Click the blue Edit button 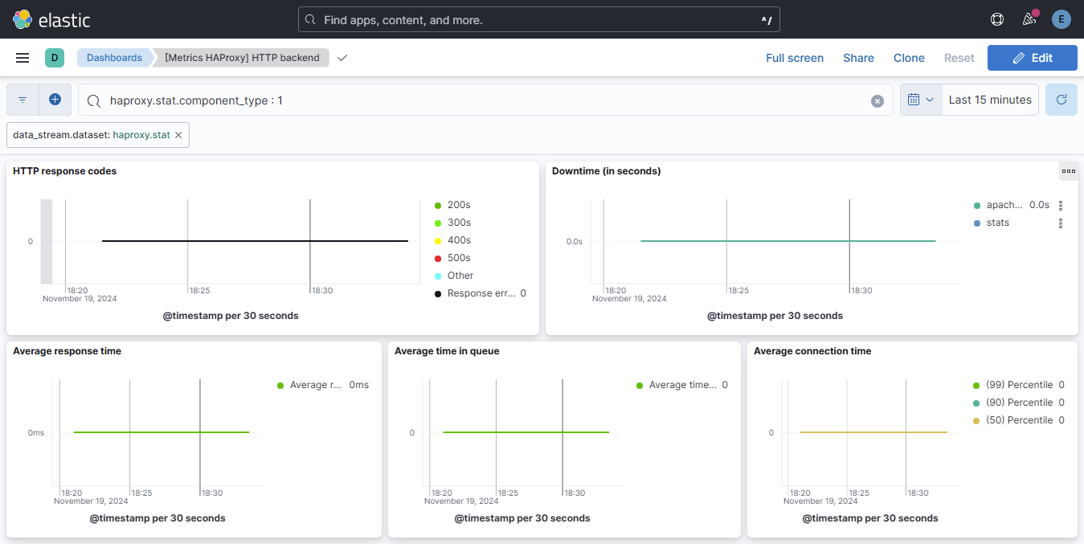click(x=1032, y=58)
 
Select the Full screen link click(x=794, y=58)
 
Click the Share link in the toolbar click(x=858, y=58)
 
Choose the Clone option click(x=909, y=58)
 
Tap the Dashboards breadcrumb click(x=114, y=58)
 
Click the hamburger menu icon click(x=22, y=58)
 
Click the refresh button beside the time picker click(x=1061, y=100)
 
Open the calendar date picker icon click(x=920, y=100)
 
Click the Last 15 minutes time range click(x=989, y=100)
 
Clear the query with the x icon click(x=877, y=101)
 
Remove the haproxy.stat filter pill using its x click(x=178, y=135)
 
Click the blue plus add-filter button click(x=55, y=100)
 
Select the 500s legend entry click(x=459, y=258)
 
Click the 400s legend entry click(x=459, y=240)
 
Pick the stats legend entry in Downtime click(x=997, y=223)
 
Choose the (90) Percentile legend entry click(x=1018, y=403)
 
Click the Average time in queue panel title click(x=447, y=351)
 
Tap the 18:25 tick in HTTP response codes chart click(x=199, y=290)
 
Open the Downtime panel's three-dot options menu click(x=1068, y=171)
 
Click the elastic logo click(x=52, y=19)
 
